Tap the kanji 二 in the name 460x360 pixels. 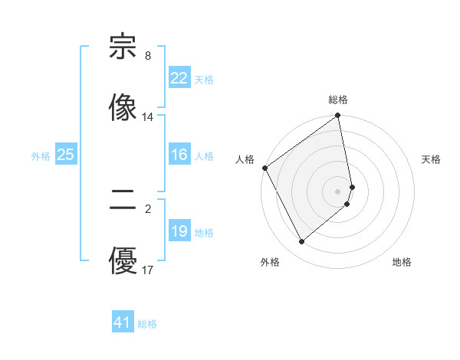click(x=123, y=201)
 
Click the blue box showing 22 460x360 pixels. click(x=179, y=78)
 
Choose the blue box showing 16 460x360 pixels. click(x=179, y=155)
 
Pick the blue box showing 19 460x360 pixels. click(x=179, y=231)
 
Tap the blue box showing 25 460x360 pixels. click(x=65, y=155)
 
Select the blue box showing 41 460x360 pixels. click(x=123, y=322)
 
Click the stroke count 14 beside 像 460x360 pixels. click(x=148, y=117)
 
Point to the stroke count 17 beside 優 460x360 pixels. click(x=148, y=270)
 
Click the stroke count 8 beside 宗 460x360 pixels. click(x=148, y=56)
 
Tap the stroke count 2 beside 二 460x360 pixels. click(x=148, y=208)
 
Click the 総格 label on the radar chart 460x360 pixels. click(x=338, y=100)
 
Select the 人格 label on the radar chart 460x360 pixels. click(x=245, y=159)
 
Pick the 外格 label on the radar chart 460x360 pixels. click(x=270, y=262)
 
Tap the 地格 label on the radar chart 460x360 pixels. click(x=402, y=262)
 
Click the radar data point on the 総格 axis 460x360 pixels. click(x=338, y=116)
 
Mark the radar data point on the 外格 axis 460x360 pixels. click(x=301, y=241)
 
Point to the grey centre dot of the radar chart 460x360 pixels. click(x=338, y=191)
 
